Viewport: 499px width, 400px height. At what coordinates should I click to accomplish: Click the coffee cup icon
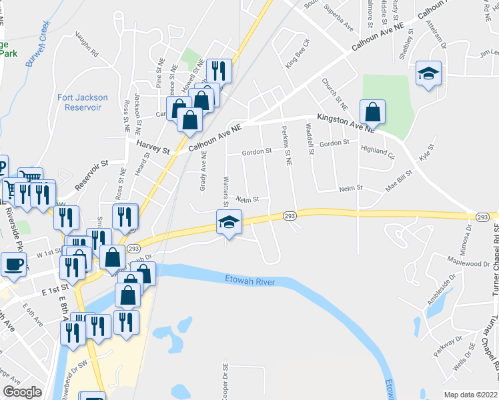13,264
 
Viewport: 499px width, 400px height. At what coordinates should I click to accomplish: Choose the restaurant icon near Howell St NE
219,71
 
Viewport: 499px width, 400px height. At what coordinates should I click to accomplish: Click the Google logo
22,392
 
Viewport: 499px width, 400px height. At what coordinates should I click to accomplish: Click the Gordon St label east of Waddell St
334,143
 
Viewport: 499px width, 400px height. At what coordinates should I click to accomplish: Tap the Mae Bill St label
401,185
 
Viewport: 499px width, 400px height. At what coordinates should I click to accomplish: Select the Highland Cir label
378,151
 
